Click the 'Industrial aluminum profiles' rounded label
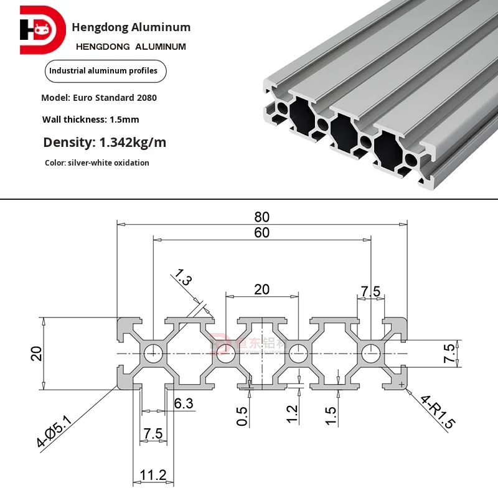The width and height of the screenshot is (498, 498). click(x=103, y=71)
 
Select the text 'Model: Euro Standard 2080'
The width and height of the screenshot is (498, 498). click(x=99, y=98)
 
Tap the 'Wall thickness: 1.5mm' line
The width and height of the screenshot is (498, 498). click(x=90, y=119)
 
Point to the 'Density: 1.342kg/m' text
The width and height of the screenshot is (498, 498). click(x=105, y=142)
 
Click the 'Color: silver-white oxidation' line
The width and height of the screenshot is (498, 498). click(x=97, y=162)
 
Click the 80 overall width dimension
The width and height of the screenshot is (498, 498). click(x=261, y=217)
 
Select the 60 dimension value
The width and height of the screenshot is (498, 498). click(x=261, y=233)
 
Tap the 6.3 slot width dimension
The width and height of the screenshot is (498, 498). click(x=184, y=404)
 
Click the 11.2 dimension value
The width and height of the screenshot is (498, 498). click(x=153, y=476)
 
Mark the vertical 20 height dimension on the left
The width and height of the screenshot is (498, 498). click(x=36, y=353)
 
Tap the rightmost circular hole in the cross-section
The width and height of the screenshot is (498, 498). click(x=371, y=353)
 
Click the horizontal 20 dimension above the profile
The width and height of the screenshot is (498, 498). click(x=261, y=289)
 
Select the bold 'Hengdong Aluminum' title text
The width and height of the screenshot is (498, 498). click(x=131, y=27)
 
